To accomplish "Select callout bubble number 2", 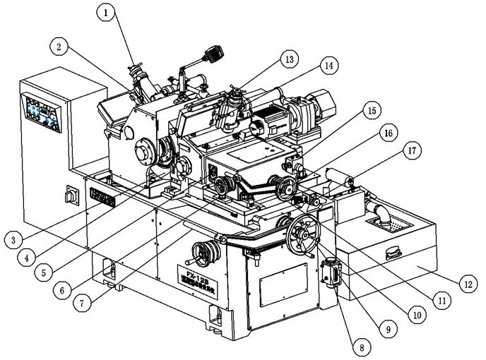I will click(59, 47).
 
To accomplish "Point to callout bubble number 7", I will click(83, 304).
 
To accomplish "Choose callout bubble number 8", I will click(361, 347).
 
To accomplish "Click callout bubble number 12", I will click(467, 284).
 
